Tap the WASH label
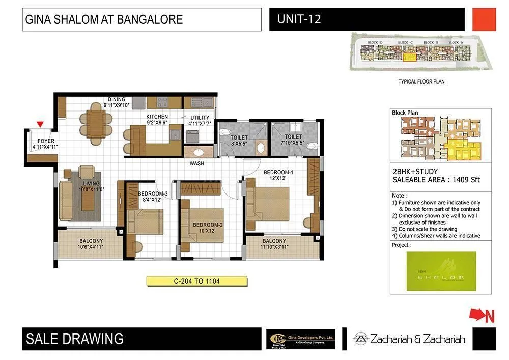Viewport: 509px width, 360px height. click(197, 164)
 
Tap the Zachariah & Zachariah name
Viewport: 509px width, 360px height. click(410, 339)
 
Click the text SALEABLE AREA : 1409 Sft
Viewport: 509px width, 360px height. click(436, 180)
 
